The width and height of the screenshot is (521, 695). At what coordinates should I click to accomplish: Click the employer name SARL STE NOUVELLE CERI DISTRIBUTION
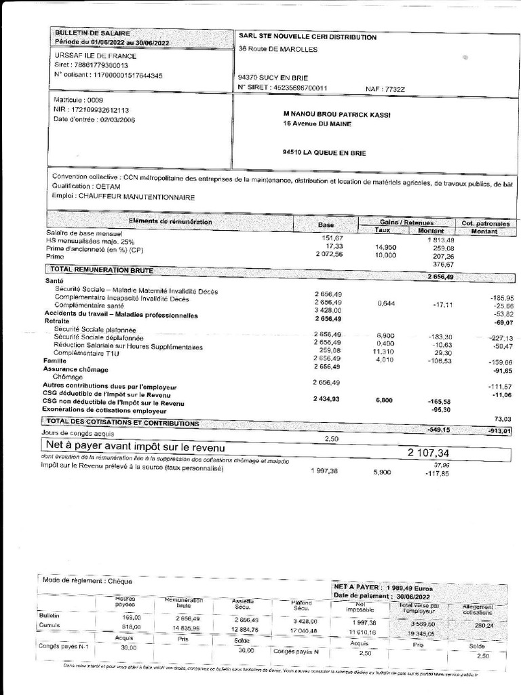[307, 37]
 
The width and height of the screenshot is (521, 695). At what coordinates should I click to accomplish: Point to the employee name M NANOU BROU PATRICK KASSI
[337, 115]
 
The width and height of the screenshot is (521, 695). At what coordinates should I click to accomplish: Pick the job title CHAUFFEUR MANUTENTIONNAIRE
[123, 197]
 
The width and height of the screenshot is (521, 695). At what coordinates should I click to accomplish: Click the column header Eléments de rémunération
[170, 222]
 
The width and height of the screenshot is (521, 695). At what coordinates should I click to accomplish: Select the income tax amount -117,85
[442, 473]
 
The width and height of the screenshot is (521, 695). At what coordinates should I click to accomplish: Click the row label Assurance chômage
[76, 369]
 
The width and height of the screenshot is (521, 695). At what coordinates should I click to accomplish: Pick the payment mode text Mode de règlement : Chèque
[88, 580]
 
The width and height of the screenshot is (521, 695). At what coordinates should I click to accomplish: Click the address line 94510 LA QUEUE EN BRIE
[324, 153]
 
